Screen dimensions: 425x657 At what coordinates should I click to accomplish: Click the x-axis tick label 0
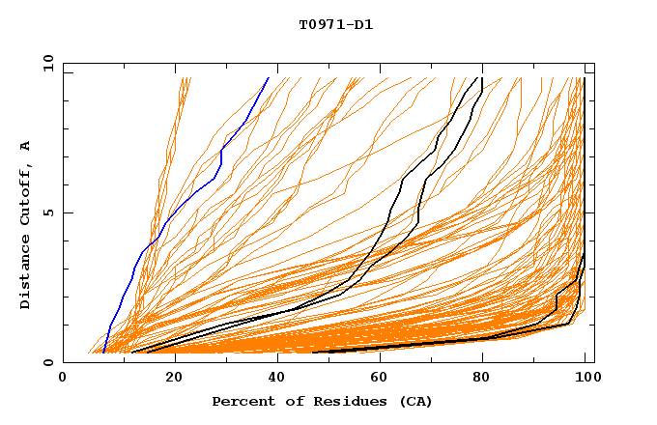tap(63, 378)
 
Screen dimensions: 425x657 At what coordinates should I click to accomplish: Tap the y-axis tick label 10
tap(47, 63)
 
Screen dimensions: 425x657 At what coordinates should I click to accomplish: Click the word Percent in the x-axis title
tap(242, 401)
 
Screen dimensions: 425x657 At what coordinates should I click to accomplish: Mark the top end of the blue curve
tap(268, 78)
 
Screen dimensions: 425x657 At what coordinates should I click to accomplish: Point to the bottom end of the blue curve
tap(103, 352)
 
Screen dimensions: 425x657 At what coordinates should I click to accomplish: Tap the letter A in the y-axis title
tap(26, 146)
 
